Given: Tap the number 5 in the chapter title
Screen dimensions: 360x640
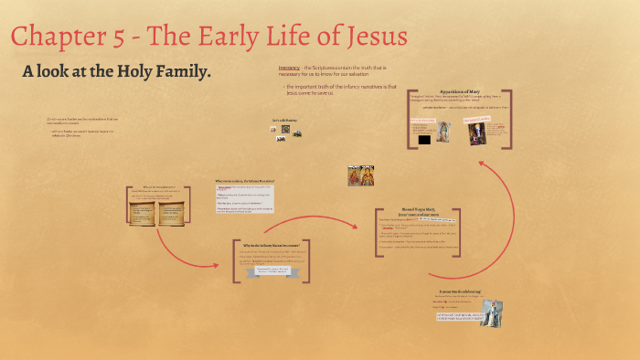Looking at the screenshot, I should pos(132,38).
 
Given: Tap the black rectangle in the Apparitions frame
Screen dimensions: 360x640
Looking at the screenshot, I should pos(423,140).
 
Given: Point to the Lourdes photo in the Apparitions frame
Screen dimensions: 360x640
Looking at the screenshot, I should pos(477,133).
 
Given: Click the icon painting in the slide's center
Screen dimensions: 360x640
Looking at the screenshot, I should pos(360,175).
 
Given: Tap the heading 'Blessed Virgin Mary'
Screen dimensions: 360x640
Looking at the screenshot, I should pos(421,210).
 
